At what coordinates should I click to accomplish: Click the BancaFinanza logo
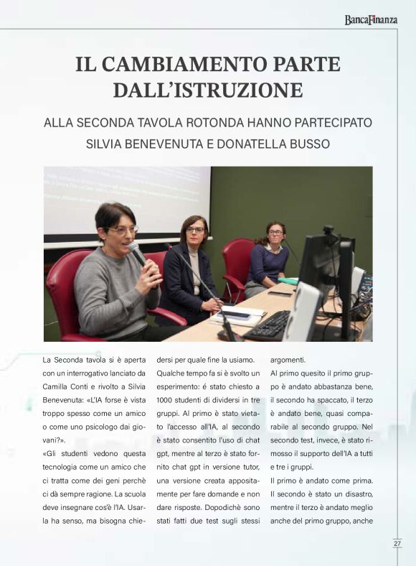coord(370,19)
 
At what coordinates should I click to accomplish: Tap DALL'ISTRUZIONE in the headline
coord(208,90)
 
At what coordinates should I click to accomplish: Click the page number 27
coord(397,543)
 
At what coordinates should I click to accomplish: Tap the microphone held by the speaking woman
coord(137,252)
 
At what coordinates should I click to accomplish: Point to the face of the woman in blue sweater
coord(275,235)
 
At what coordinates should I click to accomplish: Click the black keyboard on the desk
coord(267,325)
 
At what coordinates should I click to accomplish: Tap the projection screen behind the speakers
coord(126,201)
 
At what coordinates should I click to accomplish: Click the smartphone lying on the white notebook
coord(237,315)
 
